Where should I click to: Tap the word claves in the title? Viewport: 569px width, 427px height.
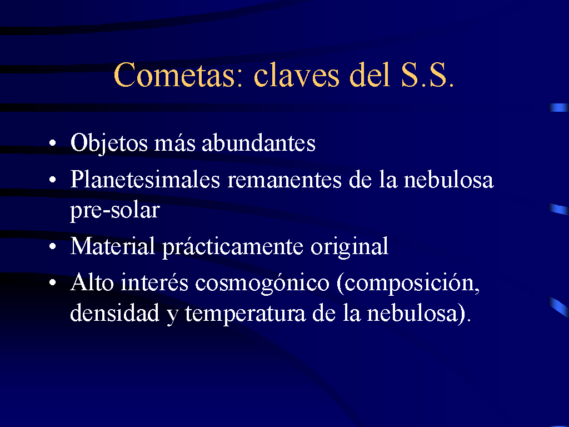[x=297, y=75]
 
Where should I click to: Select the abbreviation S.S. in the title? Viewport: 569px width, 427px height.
[x=427, y=75]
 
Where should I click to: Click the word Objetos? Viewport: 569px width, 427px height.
[x=109, y=143]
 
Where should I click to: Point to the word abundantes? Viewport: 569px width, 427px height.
[x=258, y=143]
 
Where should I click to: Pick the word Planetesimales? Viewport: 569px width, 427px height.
[x=145, y=180]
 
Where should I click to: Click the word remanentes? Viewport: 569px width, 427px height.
[x=284, y=180]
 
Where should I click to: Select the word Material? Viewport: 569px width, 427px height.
[x=112, y=246]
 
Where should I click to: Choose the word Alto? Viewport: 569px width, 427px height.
[x=92, y=282]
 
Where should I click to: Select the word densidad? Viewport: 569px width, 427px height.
[x=114, y=312]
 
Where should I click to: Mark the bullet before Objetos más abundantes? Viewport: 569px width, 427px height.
[x=53, y=143]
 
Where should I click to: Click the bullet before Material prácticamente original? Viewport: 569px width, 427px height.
[x=53, y=246]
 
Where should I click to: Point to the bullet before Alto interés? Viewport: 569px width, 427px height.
[x=53, y=282]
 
